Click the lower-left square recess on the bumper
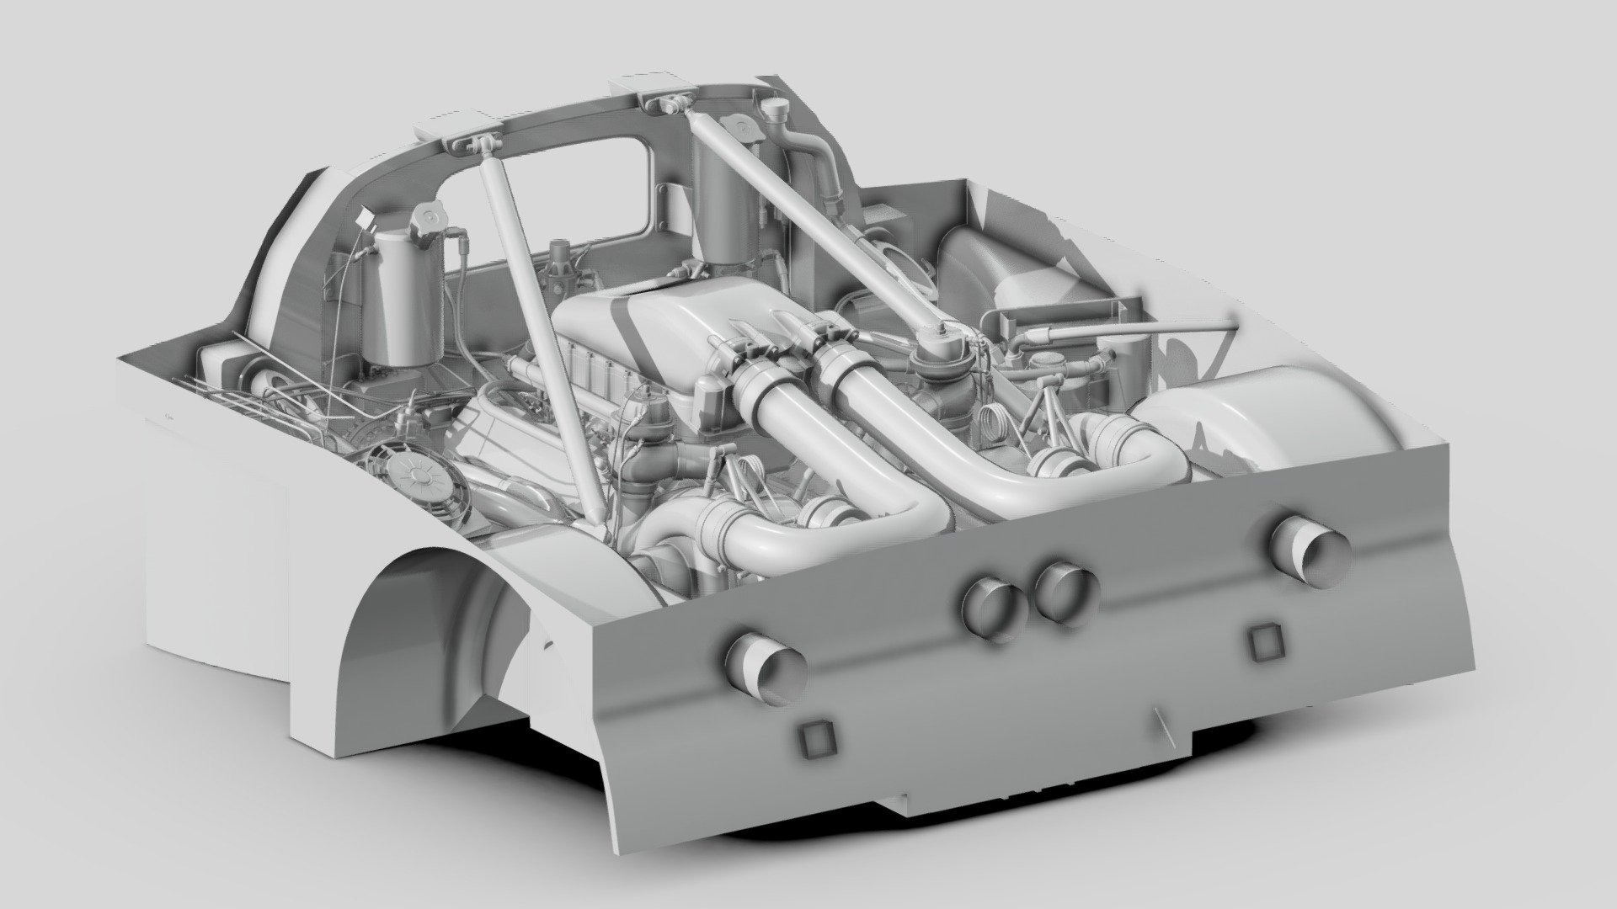[x=815, y=740]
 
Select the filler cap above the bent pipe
[x=776, y=109]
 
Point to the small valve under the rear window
[x=560, y=257]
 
